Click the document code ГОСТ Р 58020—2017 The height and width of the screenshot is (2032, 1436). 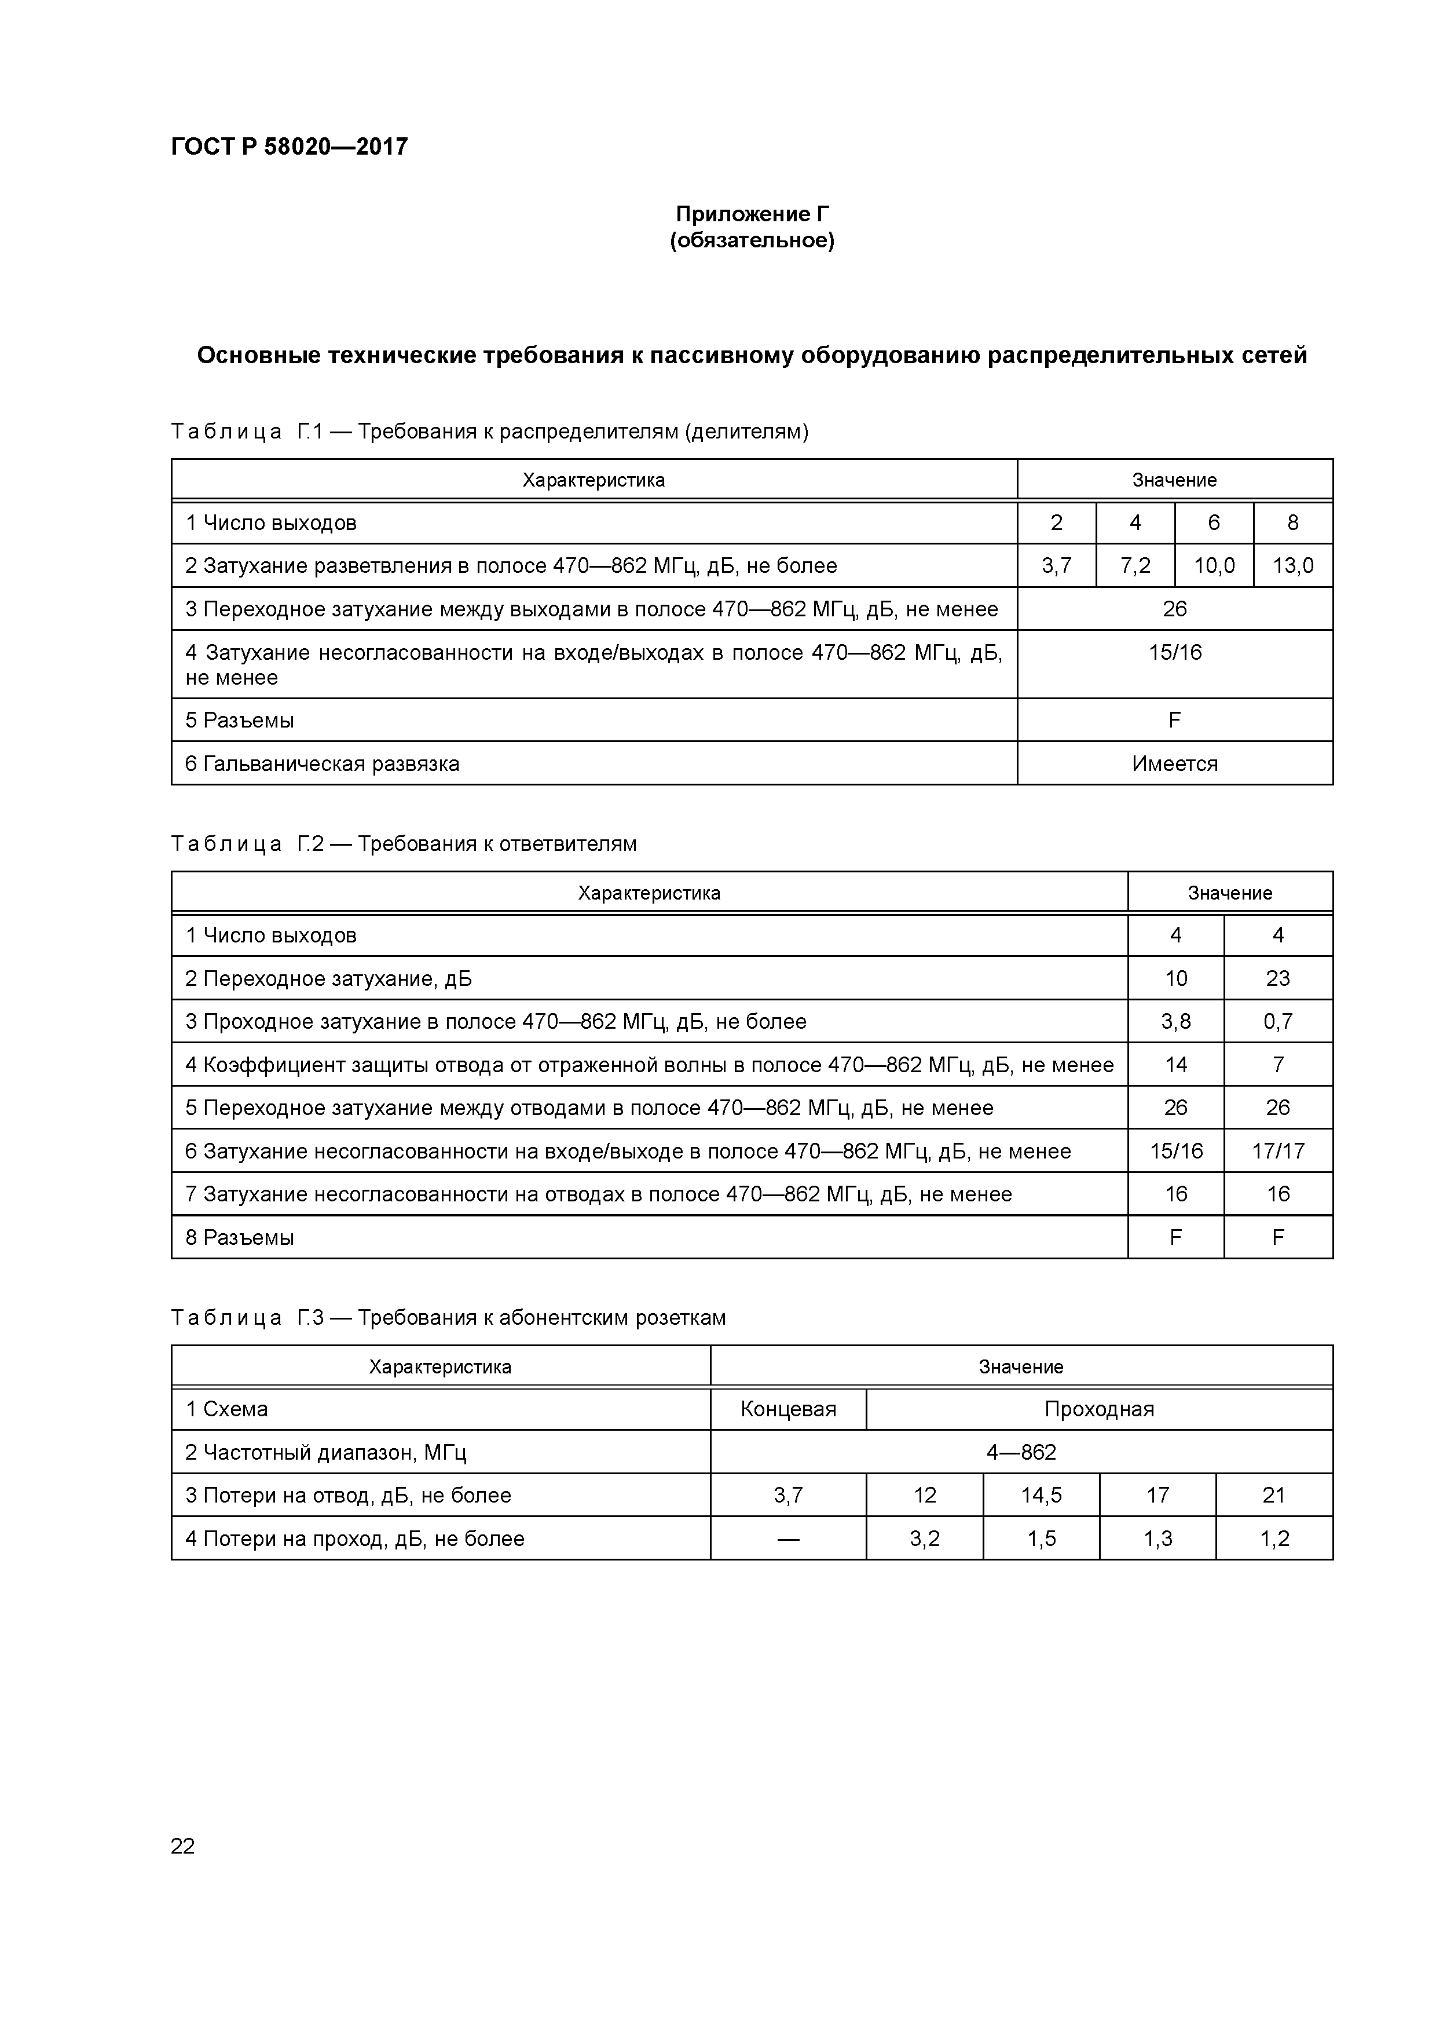(290, 147)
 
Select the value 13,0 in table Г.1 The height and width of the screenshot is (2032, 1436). (1292, 565)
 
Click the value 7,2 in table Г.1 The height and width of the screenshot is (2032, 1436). (1135, 565)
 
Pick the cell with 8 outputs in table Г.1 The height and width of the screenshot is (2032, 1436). (1292, 523)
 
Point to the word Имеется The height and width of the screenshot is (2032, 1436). (1174, 764)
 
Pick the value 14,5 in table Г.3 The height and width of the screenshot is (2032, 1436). (1041, 1496)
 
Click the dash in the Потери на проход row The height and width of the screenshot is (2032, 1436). (787, 1539)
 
